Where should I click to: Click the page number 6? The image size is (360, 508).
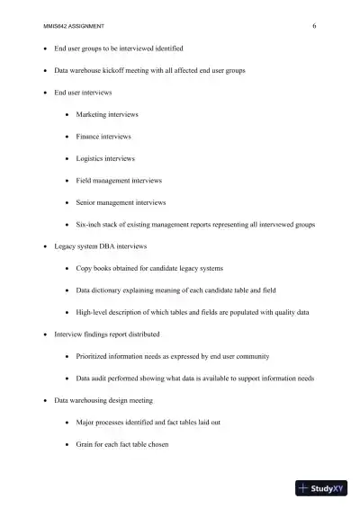(x=314, y=26)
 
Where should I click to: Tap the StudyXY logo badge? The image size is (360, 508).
(x=321, y=488)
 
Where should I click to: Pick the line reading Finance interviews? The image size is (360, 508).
(x=103, y=137)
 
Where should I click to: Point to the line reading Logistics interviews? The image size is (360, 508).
(x=105, y=158)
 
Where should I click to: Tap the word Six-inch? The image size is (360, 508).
(x=89, y=224)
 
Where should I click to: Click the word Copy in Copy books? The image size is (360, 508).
(x=84, y=268)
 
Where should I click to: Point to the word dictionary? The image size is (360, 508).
(x=112, y=290)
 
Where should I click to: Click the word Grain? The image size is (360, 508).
(x=85, y=444)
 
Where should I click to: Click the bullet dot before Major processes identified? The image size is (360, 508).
(x=69, y=423)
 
